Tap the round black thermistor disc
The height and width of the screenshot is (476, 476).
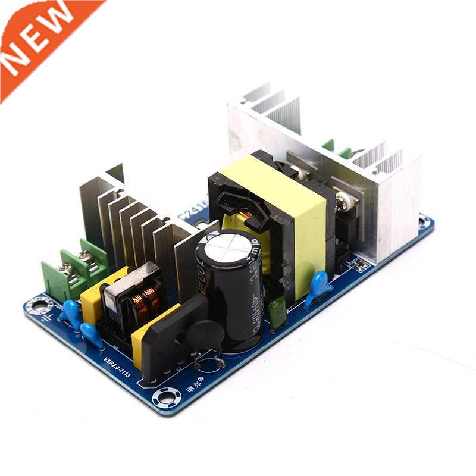(x=205, y=336)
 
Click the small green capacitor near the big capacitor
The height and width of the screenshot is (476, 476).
(x=276, y=311)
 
